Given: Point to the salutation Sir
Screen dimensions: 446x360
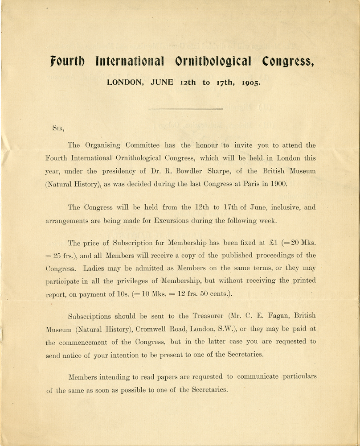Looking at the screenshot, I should point(58,127).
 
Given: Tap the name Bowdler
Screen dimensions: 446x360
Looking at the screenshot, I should point(176,171).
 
